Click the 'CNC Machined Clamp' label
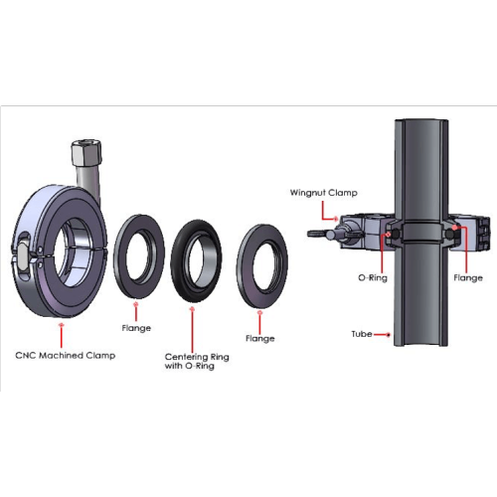point(66,356)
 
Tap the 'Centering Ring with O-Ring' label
point(197,361)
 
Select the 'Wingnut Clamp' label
point(324,193)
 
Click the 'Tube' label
point(362,334)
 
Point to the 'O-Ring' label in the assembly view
point(373,277)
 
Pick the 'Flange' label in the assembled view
point(468,277)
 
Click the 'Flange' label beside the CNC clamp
point(136,328)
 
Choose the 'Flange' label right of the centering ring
point(260,338)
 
